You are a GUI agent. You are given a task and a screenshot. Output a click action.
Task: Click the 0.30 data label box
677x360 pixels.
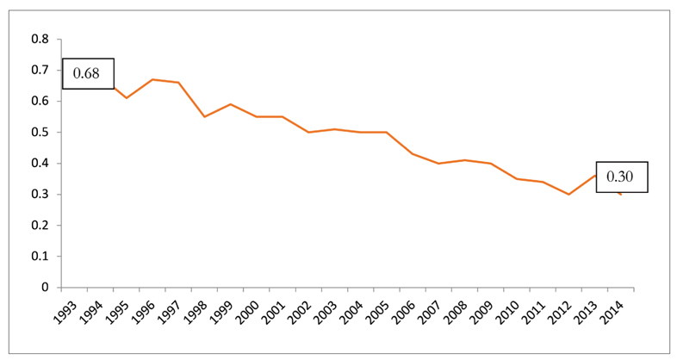pos(621,177)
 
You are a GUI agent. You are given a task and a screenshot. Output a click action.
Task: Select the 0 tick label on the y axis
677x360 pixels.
pos(45,287)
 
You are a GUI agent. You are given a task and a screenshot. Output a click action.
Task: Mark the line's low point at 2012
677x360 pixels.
pos(568,194)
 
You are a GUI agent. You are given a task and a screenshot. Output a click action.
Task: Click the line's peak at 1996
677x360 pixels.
pos(152,79)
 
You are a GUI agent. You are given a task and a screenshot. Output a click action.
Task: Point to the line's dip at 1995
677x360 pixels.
pos(126,98)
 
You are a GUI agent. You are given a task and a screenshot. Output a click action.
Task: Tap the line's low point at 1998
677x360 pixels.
pos(204,116)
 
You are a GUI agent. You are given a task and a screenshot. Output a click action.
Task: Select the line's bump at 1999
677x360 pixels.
pos(230,104)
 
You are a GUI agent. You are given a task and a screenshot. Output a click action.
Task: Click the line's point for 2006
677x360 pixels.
pos(413,154)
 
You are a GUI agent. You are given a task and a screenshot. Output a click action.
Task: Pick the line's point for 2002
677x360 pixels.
pos(308,132)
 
